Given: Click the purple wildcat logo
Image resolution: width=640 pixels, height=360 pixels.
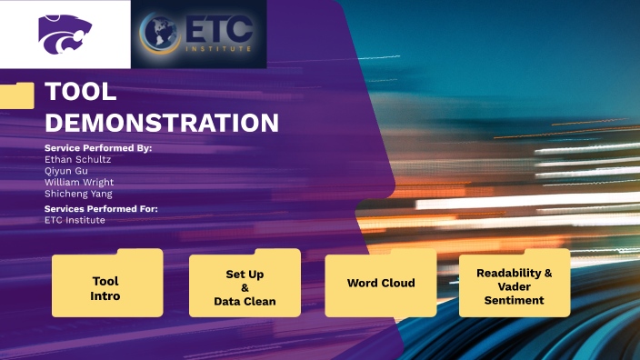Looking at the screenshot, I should point(65,33).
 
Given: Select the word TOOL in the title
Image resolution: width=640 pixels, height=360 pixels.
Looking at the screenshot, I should point(81,93).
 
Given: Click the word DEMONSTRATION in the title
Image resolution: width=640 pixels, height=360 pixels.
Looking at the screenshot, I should point(162,123).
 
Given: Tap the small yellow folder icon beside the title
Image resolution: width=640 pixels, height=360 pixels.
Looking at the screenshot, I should point(17,95).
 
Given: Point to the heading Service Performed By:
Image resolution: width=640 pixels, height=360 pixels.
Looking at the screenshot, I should point(98,147).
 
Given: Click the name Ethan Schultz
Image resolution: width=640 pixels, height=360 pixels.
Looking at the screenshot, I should point(78,159).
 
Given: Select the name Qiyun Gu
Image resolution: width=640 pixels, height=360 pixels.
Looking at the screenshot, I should point(66,170).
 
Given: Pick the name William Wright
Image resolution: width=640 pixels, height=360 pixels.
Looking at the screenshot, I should point(79,182).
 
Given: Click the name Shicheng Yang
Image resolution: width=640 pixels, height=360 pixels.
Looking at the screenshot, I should point(78,193).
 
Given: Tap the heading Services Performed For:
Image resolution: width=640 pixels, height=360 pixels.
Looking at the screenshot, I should point(101,209).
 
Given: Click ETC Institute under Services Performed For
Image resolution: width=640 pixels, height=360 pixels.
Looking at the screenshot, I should point(75,220).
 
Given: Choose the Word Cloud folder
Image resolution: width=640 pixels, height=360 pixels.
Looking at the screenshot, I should point(381,284).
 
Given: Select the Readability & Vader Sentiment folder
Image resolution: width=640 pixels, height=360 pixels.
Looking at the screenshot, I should point(515,286).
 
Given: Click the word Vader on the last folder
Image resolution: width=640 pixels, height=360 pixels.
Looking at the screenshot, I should point(515,286).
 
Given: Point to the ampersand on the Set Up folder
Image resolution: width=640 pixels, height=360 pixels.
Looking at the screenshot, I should point(245,287).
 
